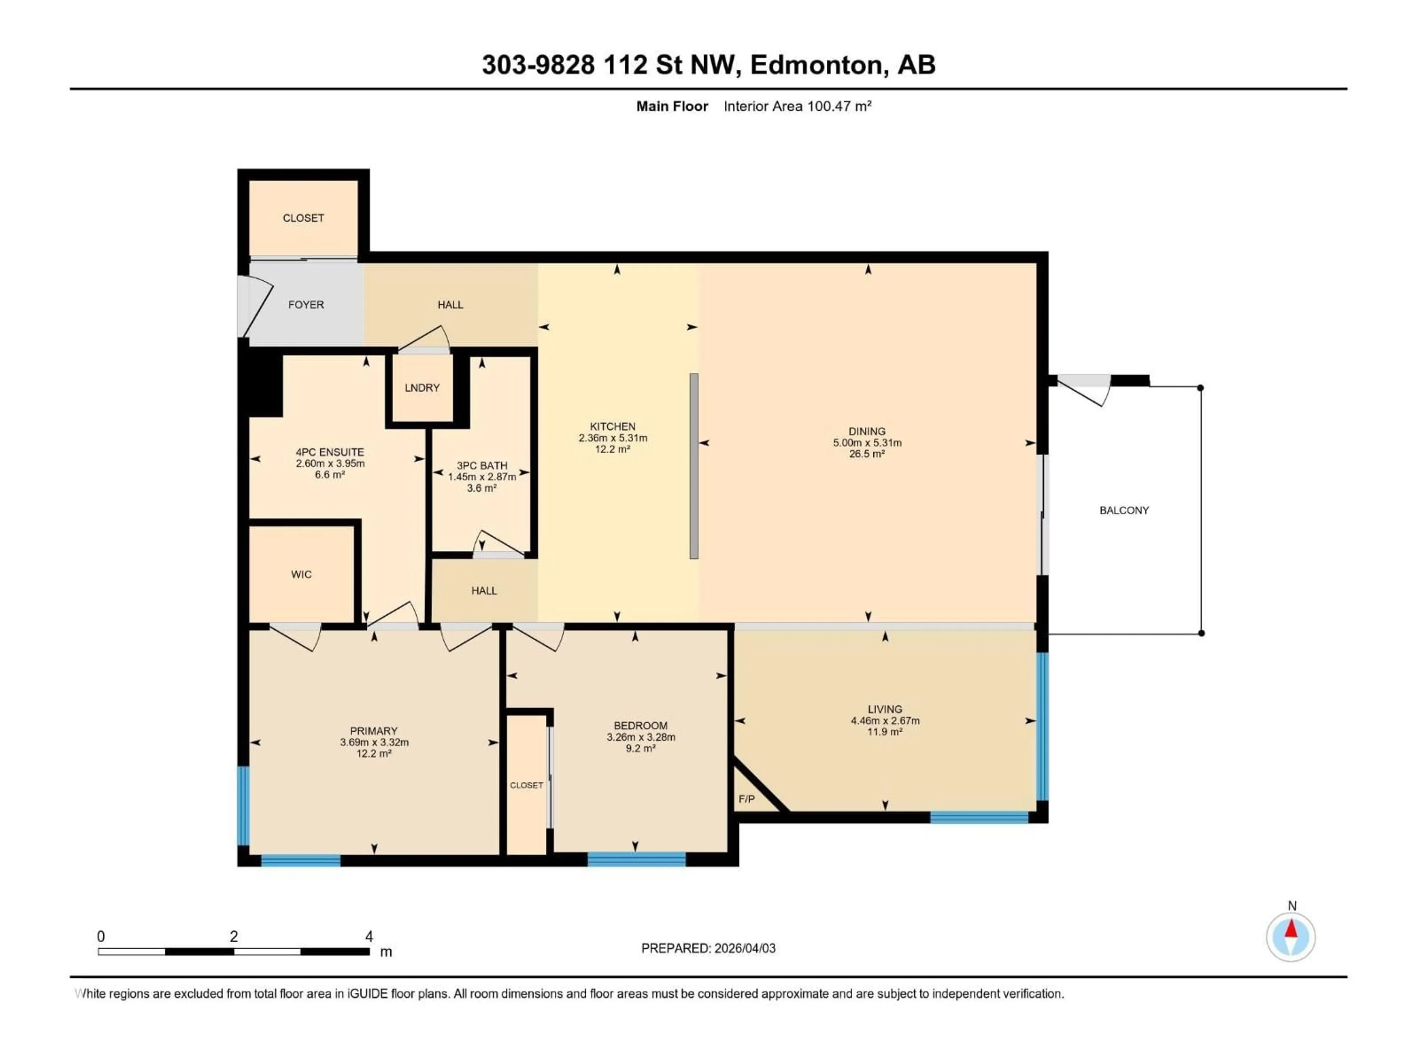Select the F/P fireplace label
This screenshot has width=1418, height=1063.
[x=746, y=799]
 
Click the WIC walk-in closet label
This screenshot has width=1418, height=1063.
[x=301, y=574]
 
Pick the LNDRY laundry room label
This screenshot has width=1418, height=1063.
[x=422, y=388]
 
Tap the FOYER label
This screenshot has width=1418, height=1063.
[x=306, y=305]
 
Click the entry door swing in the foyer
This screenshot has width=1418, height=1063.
[x=255, y=306]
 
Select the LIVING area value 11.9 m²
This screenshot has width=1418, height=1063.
[x=885, y=732]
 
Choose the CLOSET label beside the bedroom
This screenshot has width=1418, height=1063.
[x=526, y=785]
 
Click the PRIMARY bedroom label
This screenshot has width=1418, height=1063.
[x=374, y=731]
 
